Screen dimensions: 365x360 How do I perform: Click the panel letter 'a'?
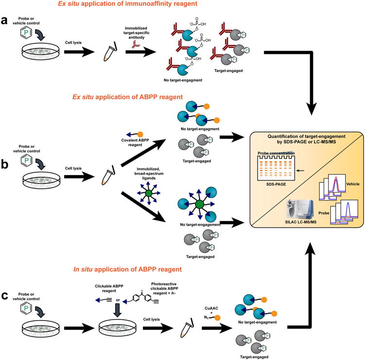4,21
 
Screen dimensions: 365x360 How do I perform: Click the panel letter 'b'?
5,164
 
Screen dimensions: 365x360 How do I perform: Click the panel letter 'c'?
5,296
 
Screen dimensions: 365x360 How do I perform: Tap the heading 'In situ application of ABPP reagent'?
128,270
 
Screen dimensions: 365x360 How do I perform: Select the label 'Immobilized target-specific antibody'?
136,33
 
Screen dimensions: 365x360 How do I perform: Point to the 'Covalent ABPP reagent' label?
135,143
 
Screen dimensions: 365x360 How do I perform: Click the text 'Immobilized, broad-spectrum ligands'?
149,174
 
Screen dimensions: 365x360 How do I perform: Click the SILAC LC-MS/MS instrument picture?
300,210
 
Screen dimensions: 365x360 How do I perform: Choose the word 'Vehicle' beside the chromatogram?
353,184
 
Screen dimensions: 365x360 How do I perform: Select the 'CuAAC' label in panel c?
211,308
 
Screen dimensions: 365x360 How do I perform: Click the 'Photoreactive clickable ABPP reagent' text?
164,288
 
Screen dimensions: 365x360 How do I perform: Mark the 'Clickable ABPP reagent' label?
109,288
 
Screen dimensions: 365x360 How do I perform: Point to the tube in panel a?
110,52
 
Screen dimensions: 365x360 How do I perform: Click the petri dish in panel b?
41,181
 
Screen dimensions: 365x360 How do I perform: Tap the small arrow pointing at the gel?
300,171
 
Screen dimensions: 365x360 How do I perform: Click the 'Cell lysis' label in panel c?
151,319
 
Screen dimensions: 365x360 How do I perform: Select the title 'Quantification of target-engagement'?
306,136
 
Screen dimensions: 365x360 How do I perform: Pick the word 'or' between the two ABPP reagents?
118,300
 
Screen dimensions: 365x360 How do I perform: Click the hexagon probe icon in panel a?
26,33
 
